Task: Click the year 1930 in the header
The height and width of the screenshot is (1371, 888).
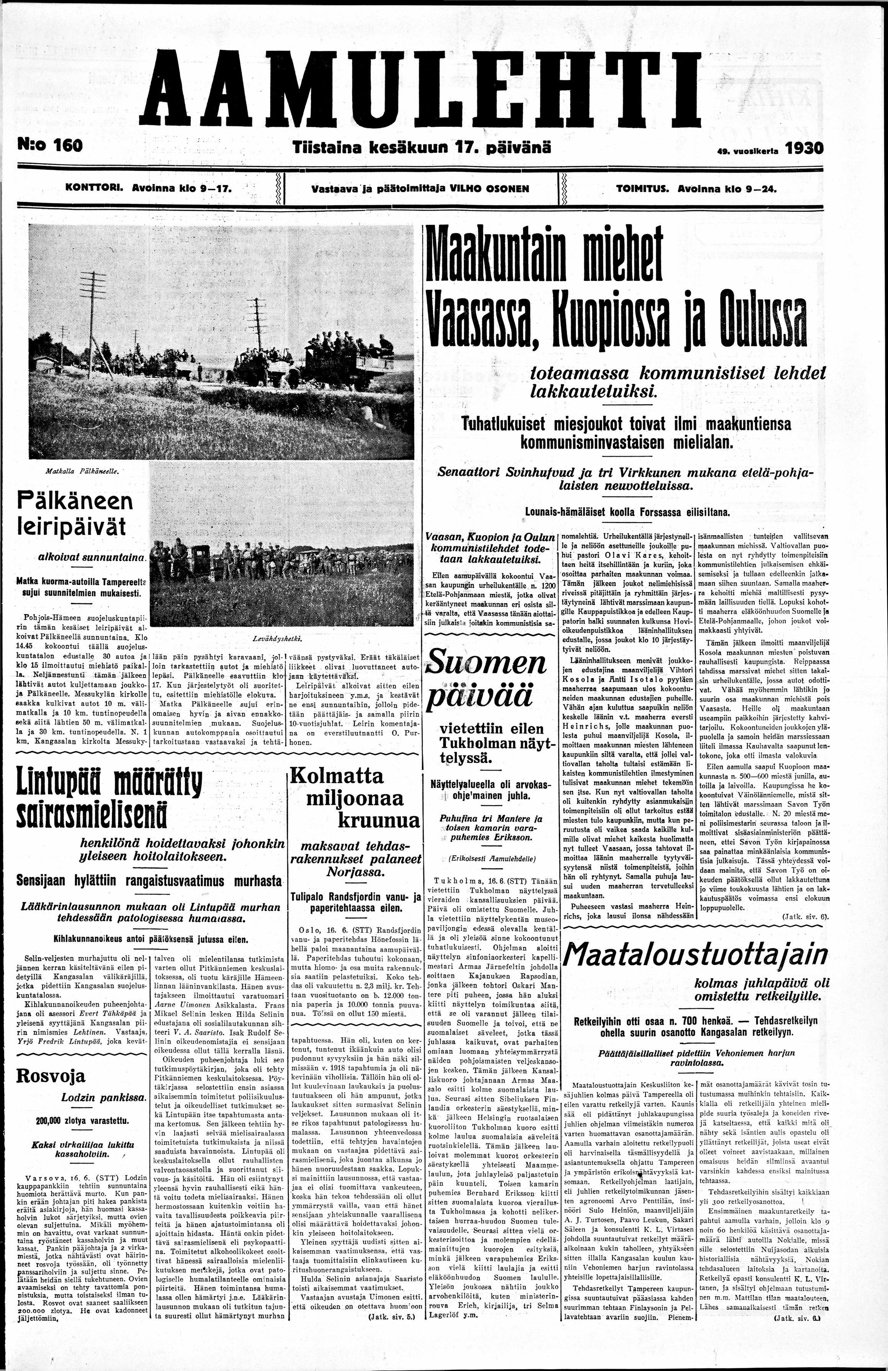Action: pos(804,148)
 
